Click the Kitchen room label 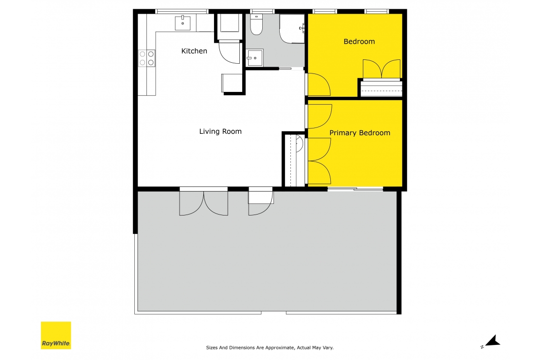coord(194,51)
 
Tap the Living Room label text coord(220,131)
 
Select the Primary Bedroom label coord(360,133)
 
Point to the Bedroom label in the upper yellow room coord(359,42)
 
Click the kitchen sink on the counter coord(183,22)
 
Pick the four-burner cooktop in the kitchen coord(147,58)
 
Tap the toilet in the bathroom coord(256,24)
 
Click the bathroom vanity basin coord(254,58)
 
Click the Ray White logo coord(56,335)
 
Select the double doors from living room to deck coord(204,202)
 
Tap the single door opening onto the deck coord(260,202)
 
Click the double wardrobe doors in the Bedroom coord(382,69)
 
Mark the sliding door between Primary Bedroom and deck coord(355,189)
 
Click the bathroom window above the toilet coord(262,11)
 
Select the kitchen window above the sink coord(181,11)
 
